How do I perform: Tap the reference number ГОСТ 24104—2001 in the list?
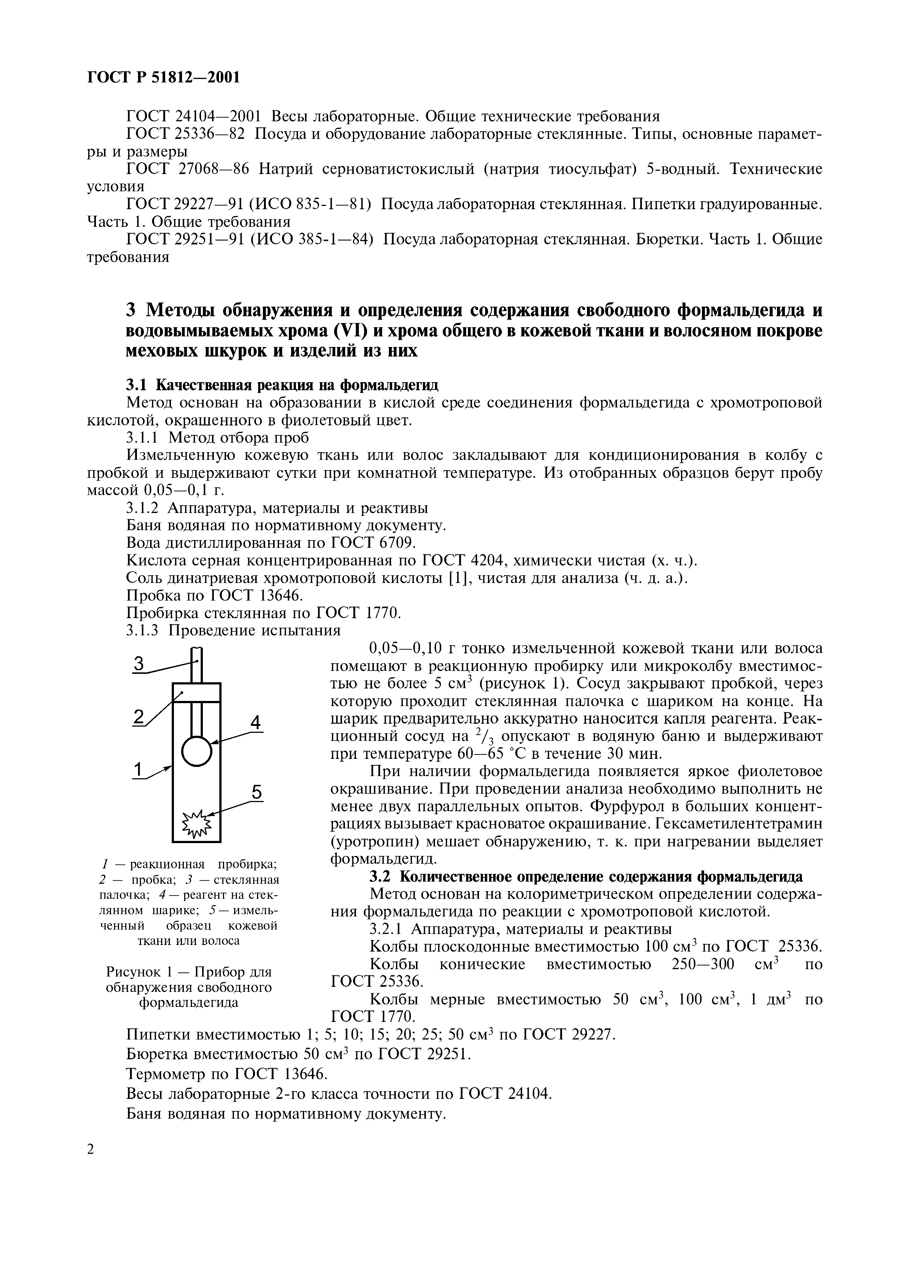[x=194, y=117]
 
